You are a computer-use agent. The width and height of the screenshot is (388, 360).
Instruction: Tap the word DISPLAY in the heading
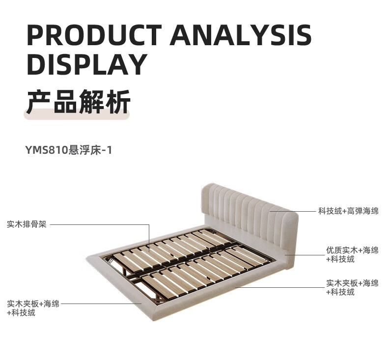[86, 64]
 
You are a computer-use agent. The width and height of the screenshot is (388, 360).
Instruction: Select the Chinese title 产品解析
[78, 102]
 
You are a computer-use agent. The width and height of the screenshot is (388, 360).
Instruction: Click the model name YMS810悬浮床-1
[69, 150]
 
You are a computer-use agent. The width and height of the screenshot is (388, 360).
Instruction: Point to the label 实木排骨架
[27, 225]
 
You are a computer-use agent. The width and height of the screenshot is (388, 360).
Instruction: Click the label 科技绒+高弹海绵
[348, 211]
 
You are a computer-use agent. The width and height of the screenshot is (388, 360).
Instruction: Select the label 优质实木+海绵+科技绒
[352, 254]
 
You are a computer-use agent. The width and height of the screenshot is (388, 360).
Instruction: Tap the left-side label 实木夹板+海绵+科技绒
[33, 308]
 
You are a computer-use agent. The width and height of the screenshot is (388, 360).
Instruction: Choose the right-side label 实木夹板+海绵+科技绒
[352, 287]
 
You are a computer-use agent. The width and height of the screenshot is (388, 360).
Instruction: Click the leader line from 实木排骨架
[98, 225]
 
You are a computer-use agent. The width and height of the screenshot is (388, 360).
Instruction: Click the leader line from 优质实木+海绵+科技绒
[305, 254]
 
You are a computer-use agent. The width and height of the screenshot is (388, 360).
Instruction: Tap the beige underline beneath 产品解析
[77, 116]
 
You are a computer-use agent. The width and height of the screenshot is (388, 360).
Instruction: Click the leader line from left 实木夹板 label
[98, 304]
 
